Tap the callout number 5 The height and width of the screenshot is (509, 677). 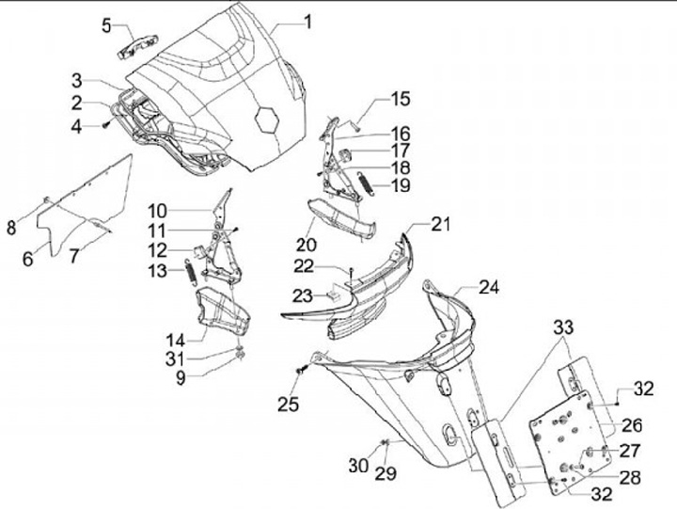(105, 24)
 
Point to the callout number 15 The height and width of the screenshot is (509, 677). (401, 98)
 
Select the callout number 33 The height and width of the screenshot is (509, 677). (561, 327)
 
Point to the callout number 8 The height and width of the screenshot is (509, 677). (12, 227)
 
